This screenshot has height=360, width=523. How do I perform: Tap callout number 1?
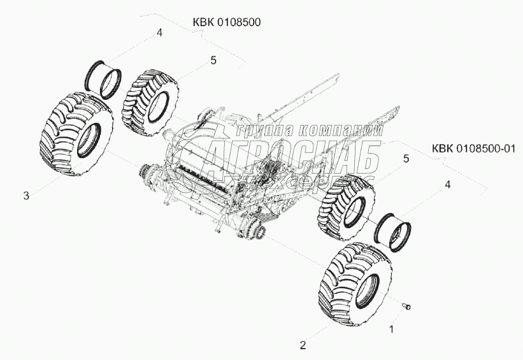(x=392, y=329)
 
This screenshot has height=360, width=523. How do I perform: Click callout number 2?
(x=303, y=345)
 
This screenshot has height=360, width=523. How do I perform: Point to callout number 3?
(x=26, y=196)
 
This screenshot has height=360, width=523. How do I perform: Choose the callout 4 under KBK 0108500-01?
(x=448, y=184)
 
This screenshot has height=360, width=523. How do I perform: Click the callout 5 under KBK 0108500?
(x=213, y=60)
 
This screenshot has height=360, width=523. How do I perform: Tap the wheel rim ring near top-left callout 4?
(x=104, y=78)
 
